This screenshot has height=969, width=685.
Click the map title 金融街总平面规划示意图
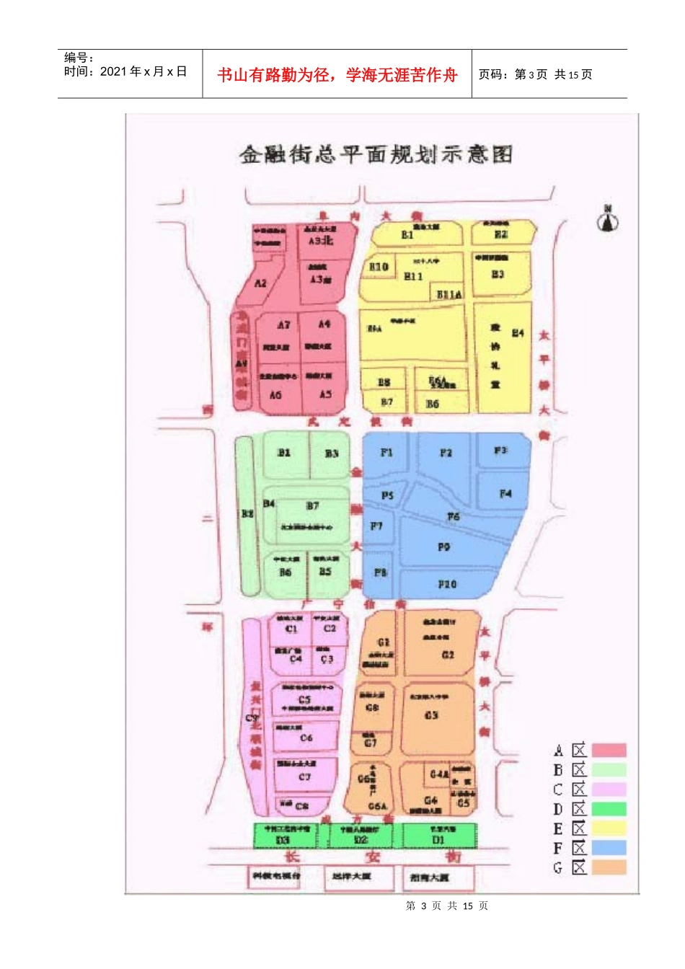(x=376, y=154)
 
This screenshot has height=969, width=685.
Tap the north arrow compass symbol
(x=608, y=219)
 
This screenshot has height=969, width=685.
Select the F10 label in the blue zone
(x=447, y=584)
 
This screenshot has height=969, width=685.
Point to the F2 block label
(x=446, y=453)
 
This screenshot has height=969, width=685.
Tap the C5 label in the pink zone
(x=305, y=699)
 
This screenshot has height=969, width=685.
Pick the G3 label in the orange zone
(x=431, y=715)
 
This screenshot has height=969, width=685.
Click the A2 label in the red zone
(x=260, y=283)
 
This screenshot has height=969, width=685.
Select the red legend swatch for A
(x=609, y=751)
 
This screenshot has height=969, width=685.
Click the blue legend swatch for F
(x=609, y=848)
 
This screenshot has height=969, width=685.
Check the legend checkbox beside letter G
(x=580, y=867)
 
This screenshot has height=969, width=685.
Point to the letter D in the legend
(x=558, y=809)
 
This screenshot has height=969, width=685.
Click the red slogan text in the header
(x=337, y=75)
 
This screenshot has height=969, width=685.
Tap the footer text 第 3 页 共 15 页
(x=447, y=906)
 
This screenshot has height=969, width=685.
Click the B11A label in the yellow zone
(x=449, y=294)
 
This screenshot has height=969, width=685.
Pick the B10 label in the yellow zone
(x=379, y=267)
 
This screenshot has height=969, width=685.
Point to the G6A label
(x=377, y=806)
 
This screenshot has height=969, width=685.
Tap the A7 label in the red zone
(x=284, y=325)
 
